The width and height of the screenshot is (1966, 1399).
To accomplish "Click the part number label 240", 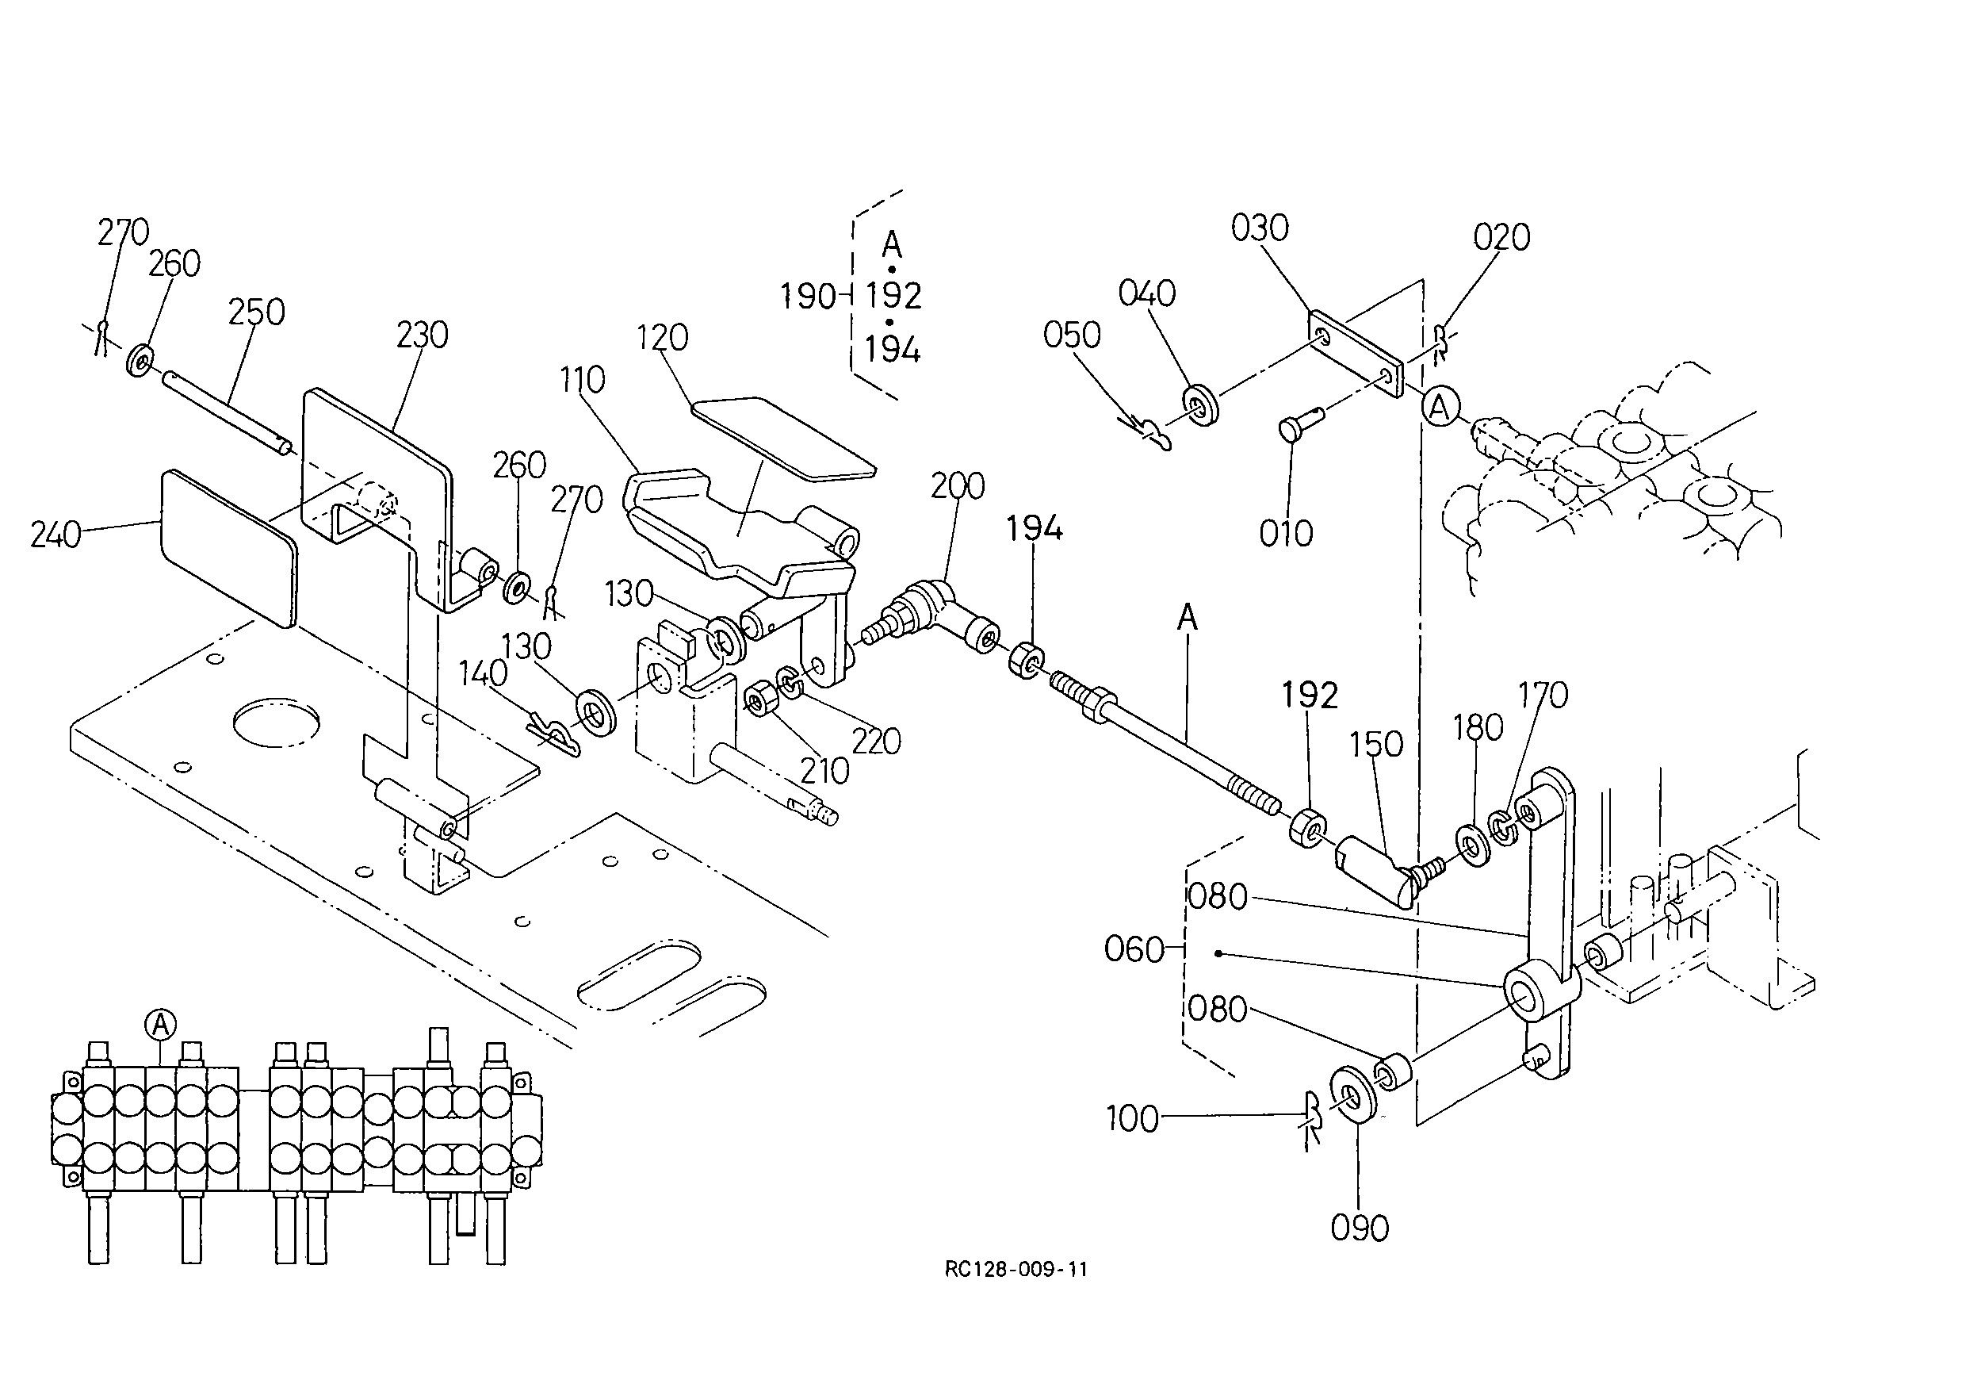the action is [x=55, y=536].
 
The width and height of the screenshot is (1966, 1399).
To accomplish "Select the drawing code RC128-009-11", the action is [x=1016, y=1269].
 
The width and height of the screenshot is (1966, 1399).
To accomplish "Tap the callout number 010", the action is [x=1286, y=534].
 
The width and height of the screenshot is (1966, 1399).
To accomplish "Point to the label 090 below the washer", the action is [x=1360, y=1228].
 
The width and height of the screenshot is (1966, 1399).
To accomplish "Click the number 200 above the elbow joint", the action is [x=958, y=487].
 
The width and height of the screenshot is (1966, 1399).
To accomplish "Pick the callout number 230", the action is [x=422, y=335].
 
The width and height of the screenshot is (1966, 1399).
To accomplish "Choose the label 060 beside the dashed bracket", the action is [x=1134, y=950].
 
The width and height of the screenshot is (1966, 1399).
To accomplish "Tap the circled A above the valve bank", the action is [x=160, y=1025].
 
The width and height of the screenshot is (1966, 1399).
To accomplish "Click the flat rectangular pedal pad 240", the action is [x=228, y=547].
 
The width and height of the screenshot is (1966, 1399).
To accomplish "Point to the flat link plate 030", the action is [x=1356, y=353].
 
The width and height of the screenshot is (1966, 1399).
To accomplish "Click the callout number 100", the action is [x=1131, y=1119].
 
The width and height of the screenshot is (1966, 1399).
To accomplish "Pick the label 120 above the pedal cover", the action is [x=662, y=339].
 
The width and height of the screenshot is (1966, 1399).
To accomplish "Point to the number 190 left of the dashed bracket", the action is [x=808, y=297].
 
